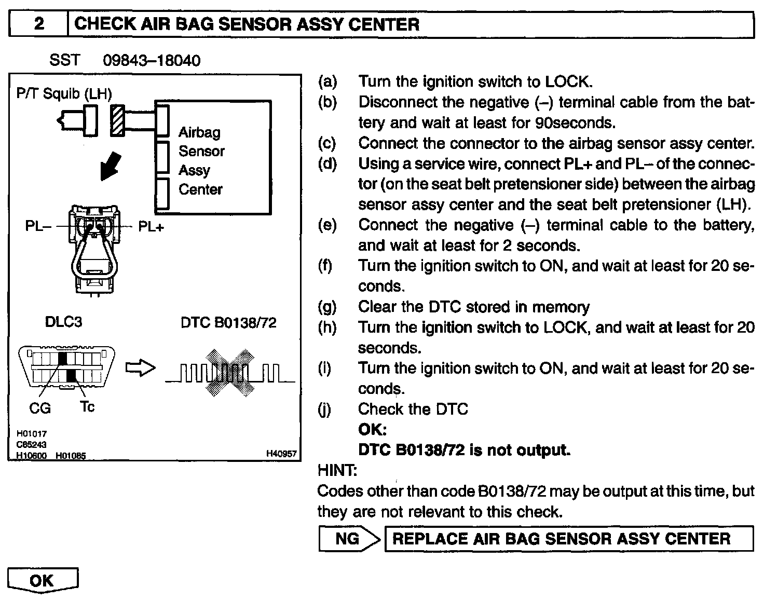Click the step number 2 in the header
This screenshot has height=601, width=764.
click(38, 24)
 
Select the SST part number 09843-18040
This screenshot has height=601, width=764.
click(151, 61)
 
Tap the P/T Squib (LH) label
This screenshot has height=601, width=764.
click(64, 94)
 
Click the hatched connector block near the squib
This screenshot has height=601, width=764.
click(118, 120)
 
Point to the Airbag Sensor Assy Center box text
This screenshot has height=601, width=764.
click(201, 160)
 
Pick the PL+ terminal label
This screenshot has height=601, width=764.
click(151, 227)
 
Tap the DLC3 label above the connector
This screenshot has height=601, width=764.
click(63, 322)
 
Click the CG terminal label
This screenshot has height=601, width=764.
click(40, 408)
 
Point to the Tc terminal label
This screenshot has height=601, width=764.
click(87, 406)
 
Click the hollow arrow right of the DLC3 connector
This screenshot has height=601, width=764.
click(141, 368)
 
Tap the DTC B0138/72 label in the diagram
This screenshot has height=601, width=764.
click(228, 322)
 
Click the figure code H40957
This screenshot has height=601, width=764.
click(281, 454)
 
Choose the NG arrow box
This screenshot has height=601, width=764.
click(349, 539)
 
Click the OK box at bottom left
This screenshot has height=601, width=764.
click(42, 580)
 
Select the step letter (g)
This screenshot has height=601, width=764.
click(327, 307)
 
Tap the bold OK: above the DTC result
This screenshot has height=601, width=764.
click(372, 430)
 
